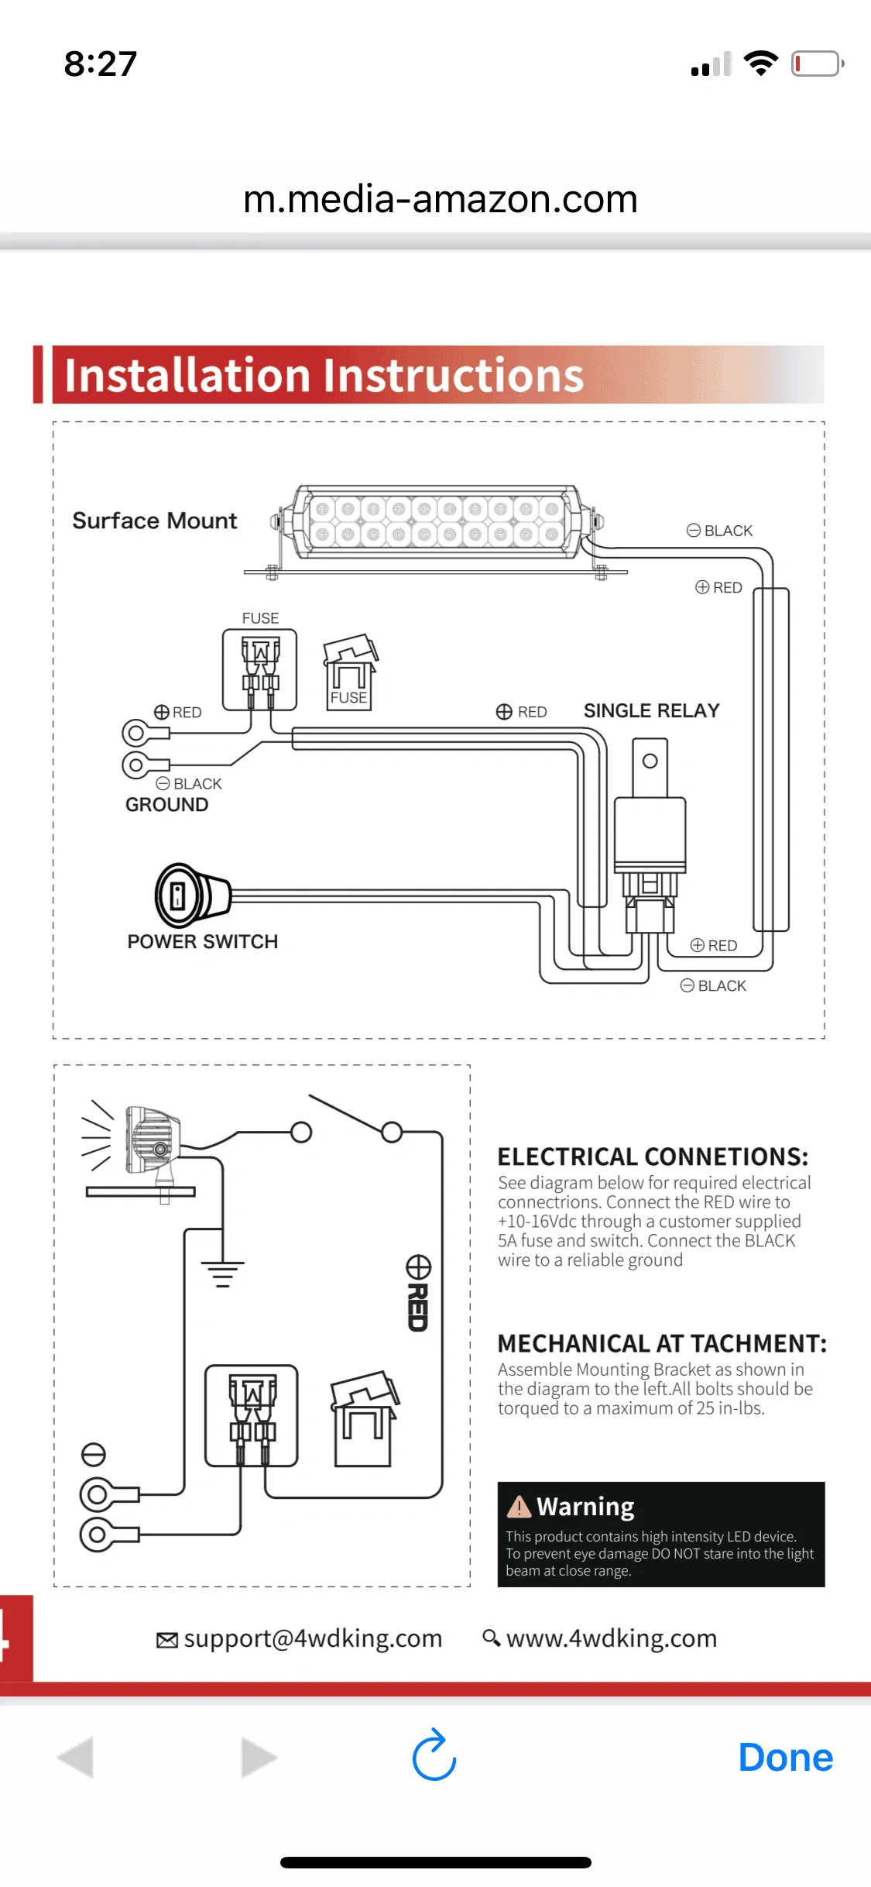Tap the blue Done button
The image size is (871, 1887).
pos(785,1758)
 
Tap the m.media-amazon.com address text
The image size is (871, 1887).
pos(440,200)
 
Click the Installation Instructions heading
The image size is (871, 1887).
pos(324,376)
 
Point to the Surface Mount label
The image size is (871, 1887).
pos(155,521)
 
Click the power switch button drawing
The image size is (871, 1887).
pos(193,895)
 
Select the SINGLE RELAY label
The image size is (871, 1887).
pos(651,710)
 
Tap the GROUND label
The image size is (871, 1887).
pos(167,805)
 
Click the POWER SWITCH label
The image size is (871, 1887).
pos(203,942)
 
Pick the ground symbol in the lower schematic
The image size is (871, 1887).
pos(223,1272)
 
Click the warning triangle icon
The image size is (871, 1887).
pos(519,1507)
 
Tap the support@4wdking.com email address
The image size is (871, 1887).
pos(313,1638)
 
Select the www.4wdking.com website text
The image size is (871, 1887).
pos(612,1638)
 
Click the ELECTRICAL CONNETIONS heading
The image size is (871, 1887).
pos(653,1157)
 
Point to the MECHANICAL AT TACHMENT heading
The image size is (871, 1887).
pos(662,1343)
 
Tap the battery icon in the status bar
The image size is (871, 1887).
pos(818,64)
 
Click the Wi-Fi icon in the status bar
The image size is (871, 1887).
pos(760,64)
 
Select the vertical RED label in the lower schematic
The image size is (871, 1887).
pos(418,1307)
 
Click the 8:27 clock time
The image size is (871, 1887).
pos(101,64)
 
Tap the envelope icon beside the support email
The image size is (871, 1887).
pos(166,1640)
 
